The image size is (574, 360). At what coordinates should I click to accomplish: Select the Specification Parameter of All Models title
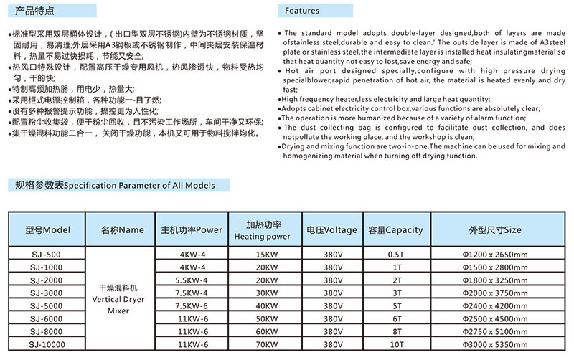tap(115, 185)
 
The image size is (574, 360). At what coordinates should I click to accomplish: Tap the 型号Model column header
tap(47, 230)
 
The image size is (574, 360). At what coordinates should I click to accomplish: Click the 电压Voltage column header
tap(331, 230)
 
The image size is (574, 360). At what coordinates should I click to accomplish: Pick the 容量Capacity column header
tap(395, 230)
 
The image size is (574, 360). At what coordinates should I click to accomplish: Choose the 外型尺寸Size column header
tap(495, 230)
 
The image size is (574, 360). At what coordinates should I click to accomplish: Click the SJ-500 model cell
tap(48, 254)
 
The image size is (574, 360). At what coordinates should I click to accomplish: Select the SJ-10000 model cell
tap(48, 345)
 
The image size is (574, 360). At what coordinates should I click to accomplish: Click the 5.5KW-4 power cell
tap(190, 280)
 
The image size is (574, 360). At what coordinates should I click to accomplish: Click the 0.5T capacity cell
tap(395, 254)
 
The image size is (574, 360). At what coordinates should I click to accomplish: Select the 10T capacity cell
tap(395, 345)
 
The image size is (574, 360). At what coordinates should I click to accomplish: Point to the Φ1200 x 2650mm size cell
tap(495, 254)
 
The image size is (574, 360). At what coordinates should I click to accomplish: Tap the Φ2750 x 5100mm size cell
tap(495, 332)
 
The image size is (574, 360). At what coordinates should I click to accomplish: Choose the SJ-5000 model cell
tap(48, 306)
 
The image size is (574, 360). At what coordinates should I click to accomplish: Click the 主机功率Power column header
tap(191, 230)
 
